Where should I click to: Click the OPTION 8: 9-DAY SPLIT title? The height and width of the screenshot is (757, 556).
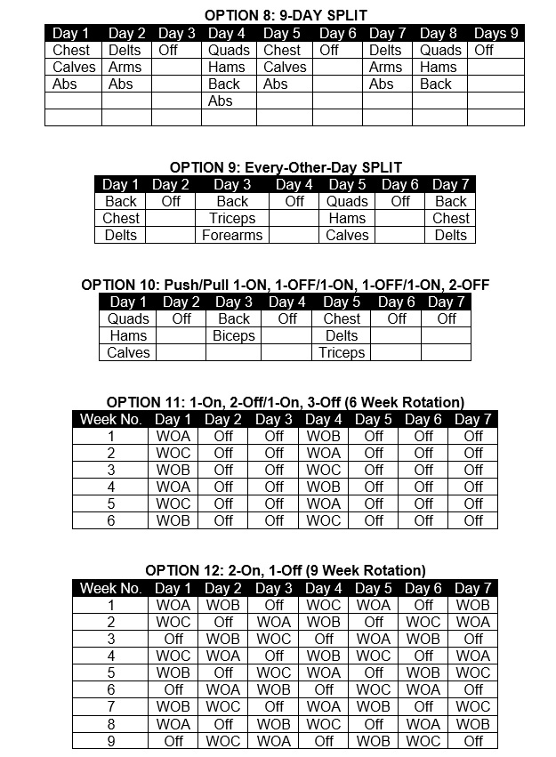[286, 15]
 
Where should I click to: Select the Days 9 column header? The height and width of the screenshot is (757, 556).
[496, 34]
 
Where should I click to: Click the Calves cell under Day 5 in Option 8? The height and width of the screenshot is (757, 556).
[285, 68]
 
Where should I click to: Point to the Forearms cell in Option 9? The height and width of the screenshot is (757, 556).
[232, 236]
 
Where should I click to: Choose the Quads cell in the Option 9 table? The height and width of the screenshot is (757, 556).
[347, 202]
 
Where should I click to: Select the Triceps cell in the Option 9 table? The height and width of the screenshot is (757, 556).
[232, 219]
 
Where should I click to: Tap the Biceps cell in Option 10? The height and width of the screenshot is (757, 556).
[234, 336]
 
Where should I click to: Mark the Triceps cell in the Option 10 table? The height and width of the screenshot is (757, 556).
[342, 353]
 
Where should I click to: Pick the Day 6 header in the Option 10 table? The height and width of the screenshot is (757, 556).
[397, 302]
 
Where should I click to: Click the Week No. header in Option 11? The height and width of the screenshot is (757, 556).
[111, 419]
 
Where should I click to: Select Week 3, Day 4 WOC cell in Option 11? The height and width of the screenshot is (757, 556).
[323, 470]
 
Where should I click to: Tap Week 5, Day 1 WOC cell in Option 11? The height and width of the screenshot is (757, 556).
[173, 503]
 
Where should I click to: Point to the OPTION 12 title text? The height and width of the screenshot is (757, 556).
[286, 570]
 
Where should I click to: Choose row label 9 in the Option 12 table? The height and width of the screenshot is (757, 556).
[111, 740]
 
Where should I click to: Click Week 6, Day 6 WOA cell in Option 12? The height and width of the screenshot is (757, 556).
[423, 689]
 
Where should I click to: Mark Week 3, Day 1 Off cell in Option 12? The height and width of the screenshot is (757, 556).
[173, 639]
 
